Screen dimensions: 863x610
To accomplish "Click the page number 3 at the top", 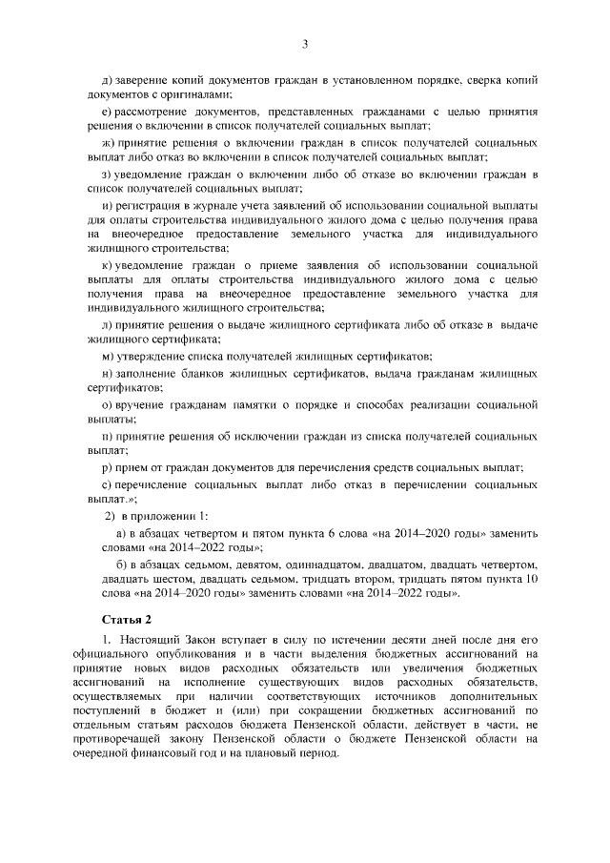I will pos(305,43).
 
